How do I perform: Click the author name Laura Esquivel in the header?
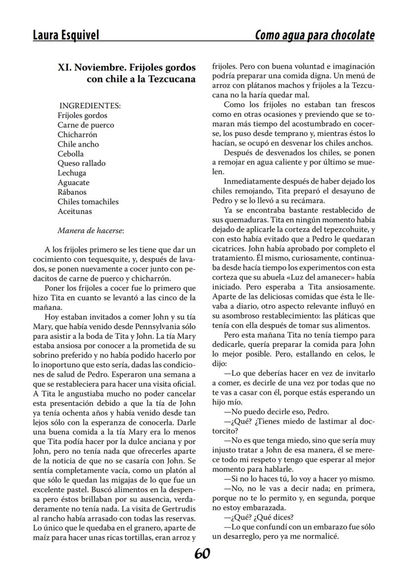point(66,35)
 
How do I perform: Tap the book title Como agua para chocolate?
point(314,35)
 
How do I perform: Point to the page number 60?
point(202,553)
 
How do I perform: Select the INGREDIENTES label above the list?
point(90,106)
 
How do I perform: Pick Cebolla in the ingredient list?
point(70,154)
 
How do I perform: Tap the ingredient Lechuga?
point(71,173)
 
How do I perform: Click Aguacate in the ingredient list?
point(73,182)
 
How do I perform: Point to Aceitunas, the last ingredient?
point(74,211)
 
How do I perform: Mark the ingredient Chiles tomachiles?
point(88,202)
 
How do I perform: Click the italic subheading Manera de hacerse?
point(91,230)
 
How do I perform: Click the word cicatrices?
point(229,249)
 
